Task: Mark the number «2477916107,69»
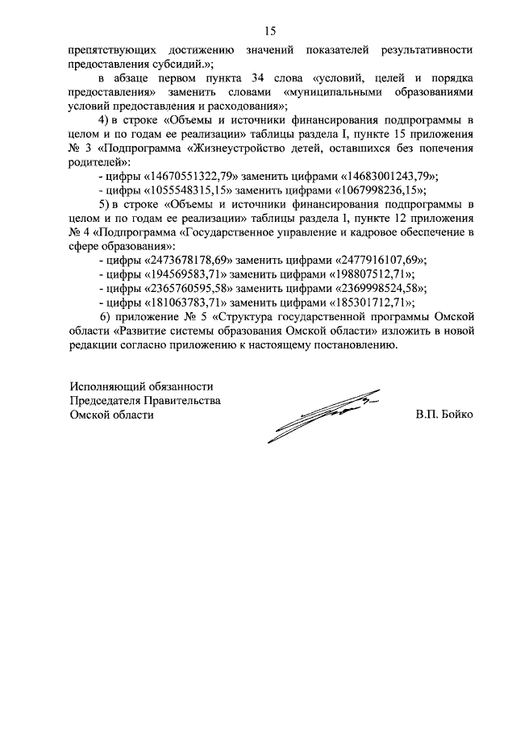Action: pos(369,260)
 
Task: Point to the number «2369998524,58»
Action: pos(369,288)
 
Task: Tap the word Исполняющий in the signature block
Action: pos(106,386)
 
